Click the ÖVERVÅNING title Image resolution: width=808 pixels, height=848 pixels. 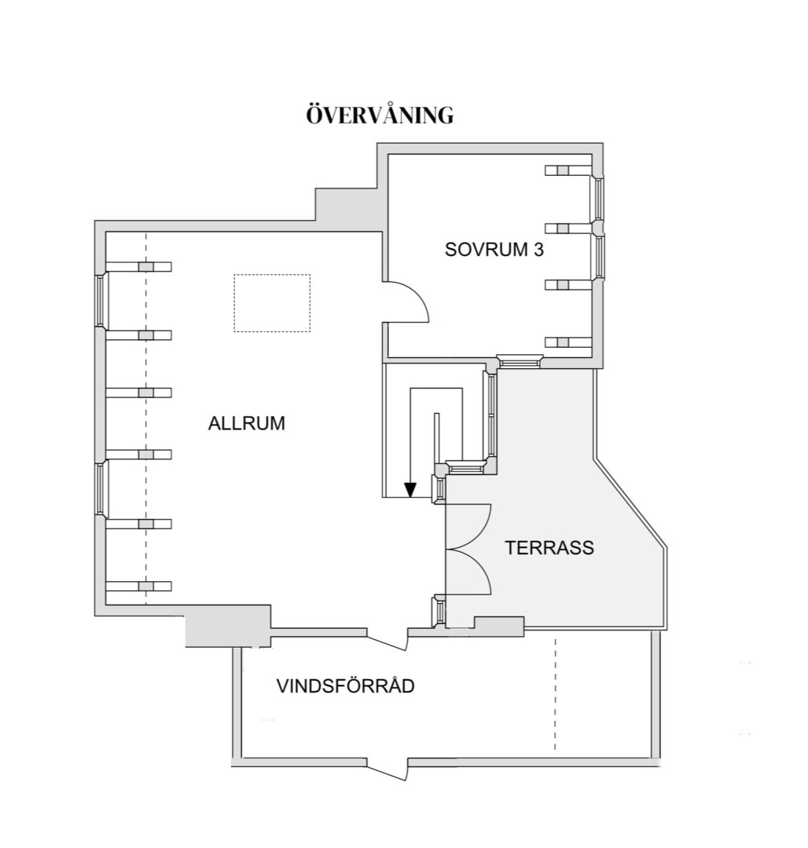tap(380, 115)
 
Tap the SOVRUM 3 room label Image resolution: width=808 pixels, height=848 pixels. tap(494, 250)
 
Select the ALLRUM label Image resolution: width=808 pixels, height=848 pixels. tap(247, 423)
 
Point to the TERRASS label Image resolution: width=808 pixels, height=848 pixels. tap(549, 548)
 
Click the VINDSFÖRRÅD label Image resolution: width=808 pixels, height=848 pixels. tap(346, 685)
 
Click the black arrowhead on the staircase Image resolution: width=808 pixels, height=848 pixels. tap(410, 489)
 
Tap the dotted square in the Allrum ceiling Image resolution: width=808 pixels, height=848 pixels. tap(272, 303)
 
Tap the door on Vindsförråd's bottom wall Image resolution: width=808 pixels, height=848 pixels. tap(387, 770)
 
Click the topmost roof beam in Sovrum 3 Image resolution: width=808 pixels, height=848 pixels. tap(568, 170)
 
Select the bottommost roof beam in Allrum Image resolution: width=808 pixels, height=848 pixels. tap(138, 587)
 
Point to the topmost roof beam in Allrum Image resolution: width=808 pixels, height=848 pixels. tap(138, 267)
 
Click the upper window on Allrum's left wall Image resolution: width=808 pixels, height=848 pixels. tap(100, 300)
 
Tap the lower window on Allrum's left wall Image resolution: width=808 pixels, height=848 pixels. tap(100, 488)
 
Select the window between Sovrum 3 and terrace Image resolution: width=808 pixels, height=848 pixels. tap(520, 360)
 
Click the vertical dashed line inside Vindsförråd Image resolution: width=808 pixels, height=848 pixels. tap(555, 694)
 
